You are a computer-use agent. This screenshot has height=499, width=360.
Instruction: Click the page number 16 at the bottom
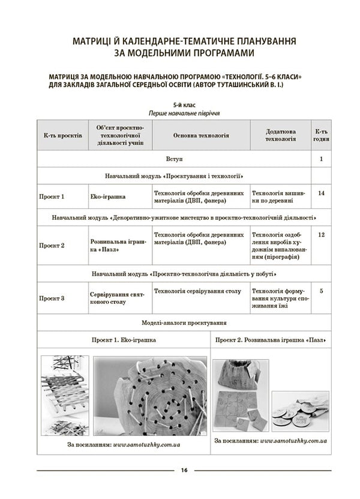[x=184, y=470]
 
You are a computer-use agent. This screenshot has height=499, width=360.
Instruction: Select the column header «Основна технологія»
[x=201, y=136]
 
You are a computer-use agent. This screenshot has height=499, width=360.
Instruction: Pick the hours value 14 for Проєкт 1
[x=322, y=193]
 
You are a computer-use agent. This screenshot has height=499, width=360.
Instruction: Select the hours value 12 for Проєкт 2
[x=322, y=235]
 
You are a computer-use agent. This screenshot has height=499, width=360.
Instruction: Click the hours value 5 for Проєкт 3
[x=322, y=291]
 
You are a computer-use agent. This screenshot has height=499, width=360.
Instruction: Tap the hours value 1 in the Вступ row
[x=322, y=159]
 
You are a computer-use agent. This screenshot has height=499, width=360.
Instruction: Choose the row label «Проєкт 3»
[x=52, y=298]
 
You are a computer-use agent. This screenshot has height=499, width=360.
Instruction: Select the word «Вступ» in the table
[x=175, y=159]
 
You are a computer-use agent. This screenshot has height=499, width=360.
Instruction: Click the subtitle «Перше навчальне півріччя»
[x=183, y=113]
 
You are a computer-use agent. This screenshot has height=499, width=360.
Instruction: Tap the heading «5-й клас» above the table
[x=183, y=104]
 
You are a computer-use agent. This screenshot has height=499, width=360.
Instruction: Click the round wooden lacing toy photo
[x=151, y=396]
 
